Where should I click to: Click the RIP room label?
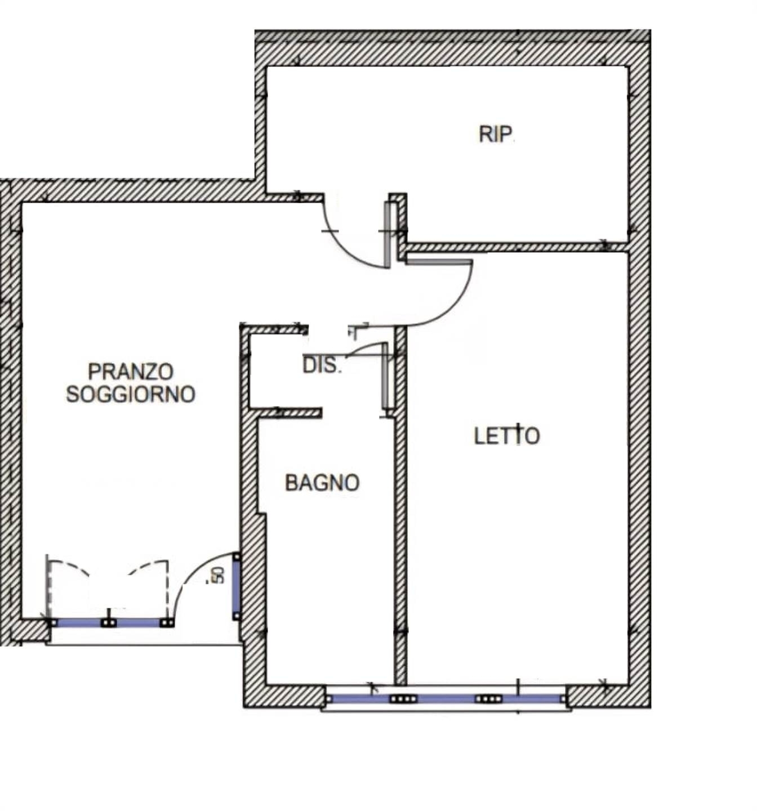pos(496,134)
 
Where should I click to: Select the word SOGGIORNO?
pos(131,394)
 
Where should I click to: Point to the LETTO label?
pos(506,435)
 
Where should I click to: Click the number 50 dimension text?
pos(219,575)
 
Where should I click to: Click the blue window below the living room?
pos(109,622)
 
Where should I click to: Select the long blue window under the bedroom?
pos(446,699)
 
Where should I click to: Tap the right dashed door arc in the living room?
pos(147,565)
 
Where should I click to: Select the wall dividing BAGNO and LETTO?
pos(401,506)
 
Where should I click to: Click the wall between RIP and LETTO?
pos(517,247)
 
